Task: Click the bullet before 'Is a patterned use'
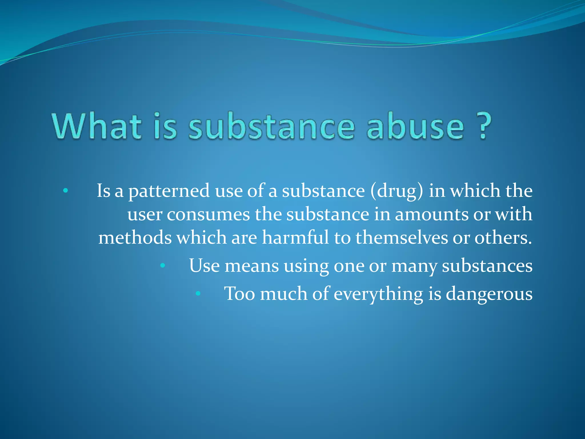coord(66,191)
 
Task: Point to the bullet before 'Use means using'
coord(163,266)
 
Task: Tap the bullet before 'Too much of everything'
coord(198,294)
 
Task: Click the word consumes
coord(208,214)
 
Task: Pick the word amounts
coord(432,214)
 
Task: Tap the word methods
coord(135,238)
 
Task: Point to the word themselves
coord(401,238)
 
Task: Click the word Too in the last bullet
coord(239,294)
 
